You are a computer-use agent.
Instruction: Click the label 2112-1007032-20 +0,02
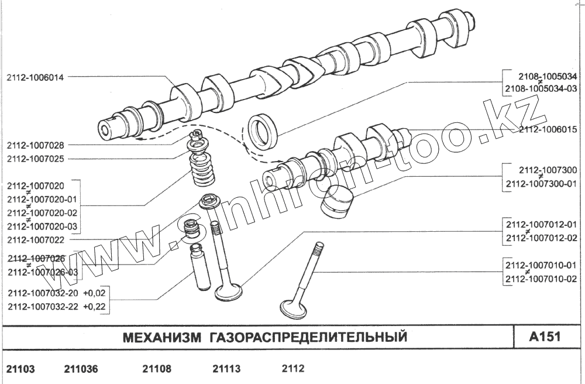57,293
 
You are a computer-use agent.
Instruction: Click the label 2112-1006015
548,129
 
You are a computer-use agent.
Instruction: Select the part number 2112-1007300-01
540,184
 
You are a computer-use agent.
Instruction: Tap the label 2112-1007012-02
541,238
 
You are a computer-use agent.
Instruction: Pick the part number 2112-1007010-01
541,265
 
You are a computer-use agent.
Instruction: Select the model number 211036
81,369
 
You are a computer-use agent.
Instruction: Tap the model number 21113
226,369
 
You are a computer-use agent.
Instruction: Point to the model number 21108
156,369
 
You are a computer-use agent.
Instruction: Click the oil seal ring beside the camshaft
263,131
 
